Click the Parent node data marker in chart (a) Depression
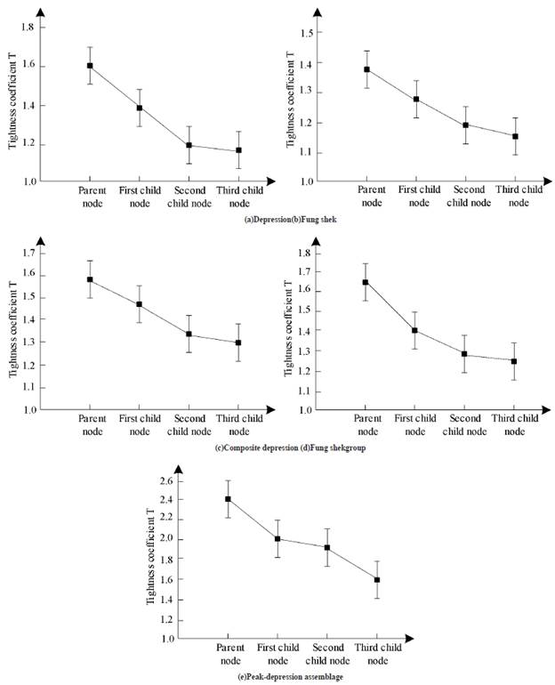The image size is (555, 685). point(90,66)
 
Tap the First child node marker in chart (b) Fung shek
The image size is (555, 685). point(415,99)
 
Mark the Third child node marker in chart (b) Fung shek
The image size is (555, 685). point(514,136)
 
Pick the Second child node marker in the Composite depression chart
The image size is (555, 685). point(189,334)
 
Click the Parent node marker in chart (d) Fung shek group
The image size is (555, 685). point(366,282)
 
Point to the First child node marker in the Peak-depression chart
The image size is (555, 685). point(277,538)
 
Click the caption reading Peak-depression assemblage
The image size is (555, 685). point(277,677)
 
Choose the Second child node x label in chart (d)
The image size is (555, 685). point(464,424)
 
